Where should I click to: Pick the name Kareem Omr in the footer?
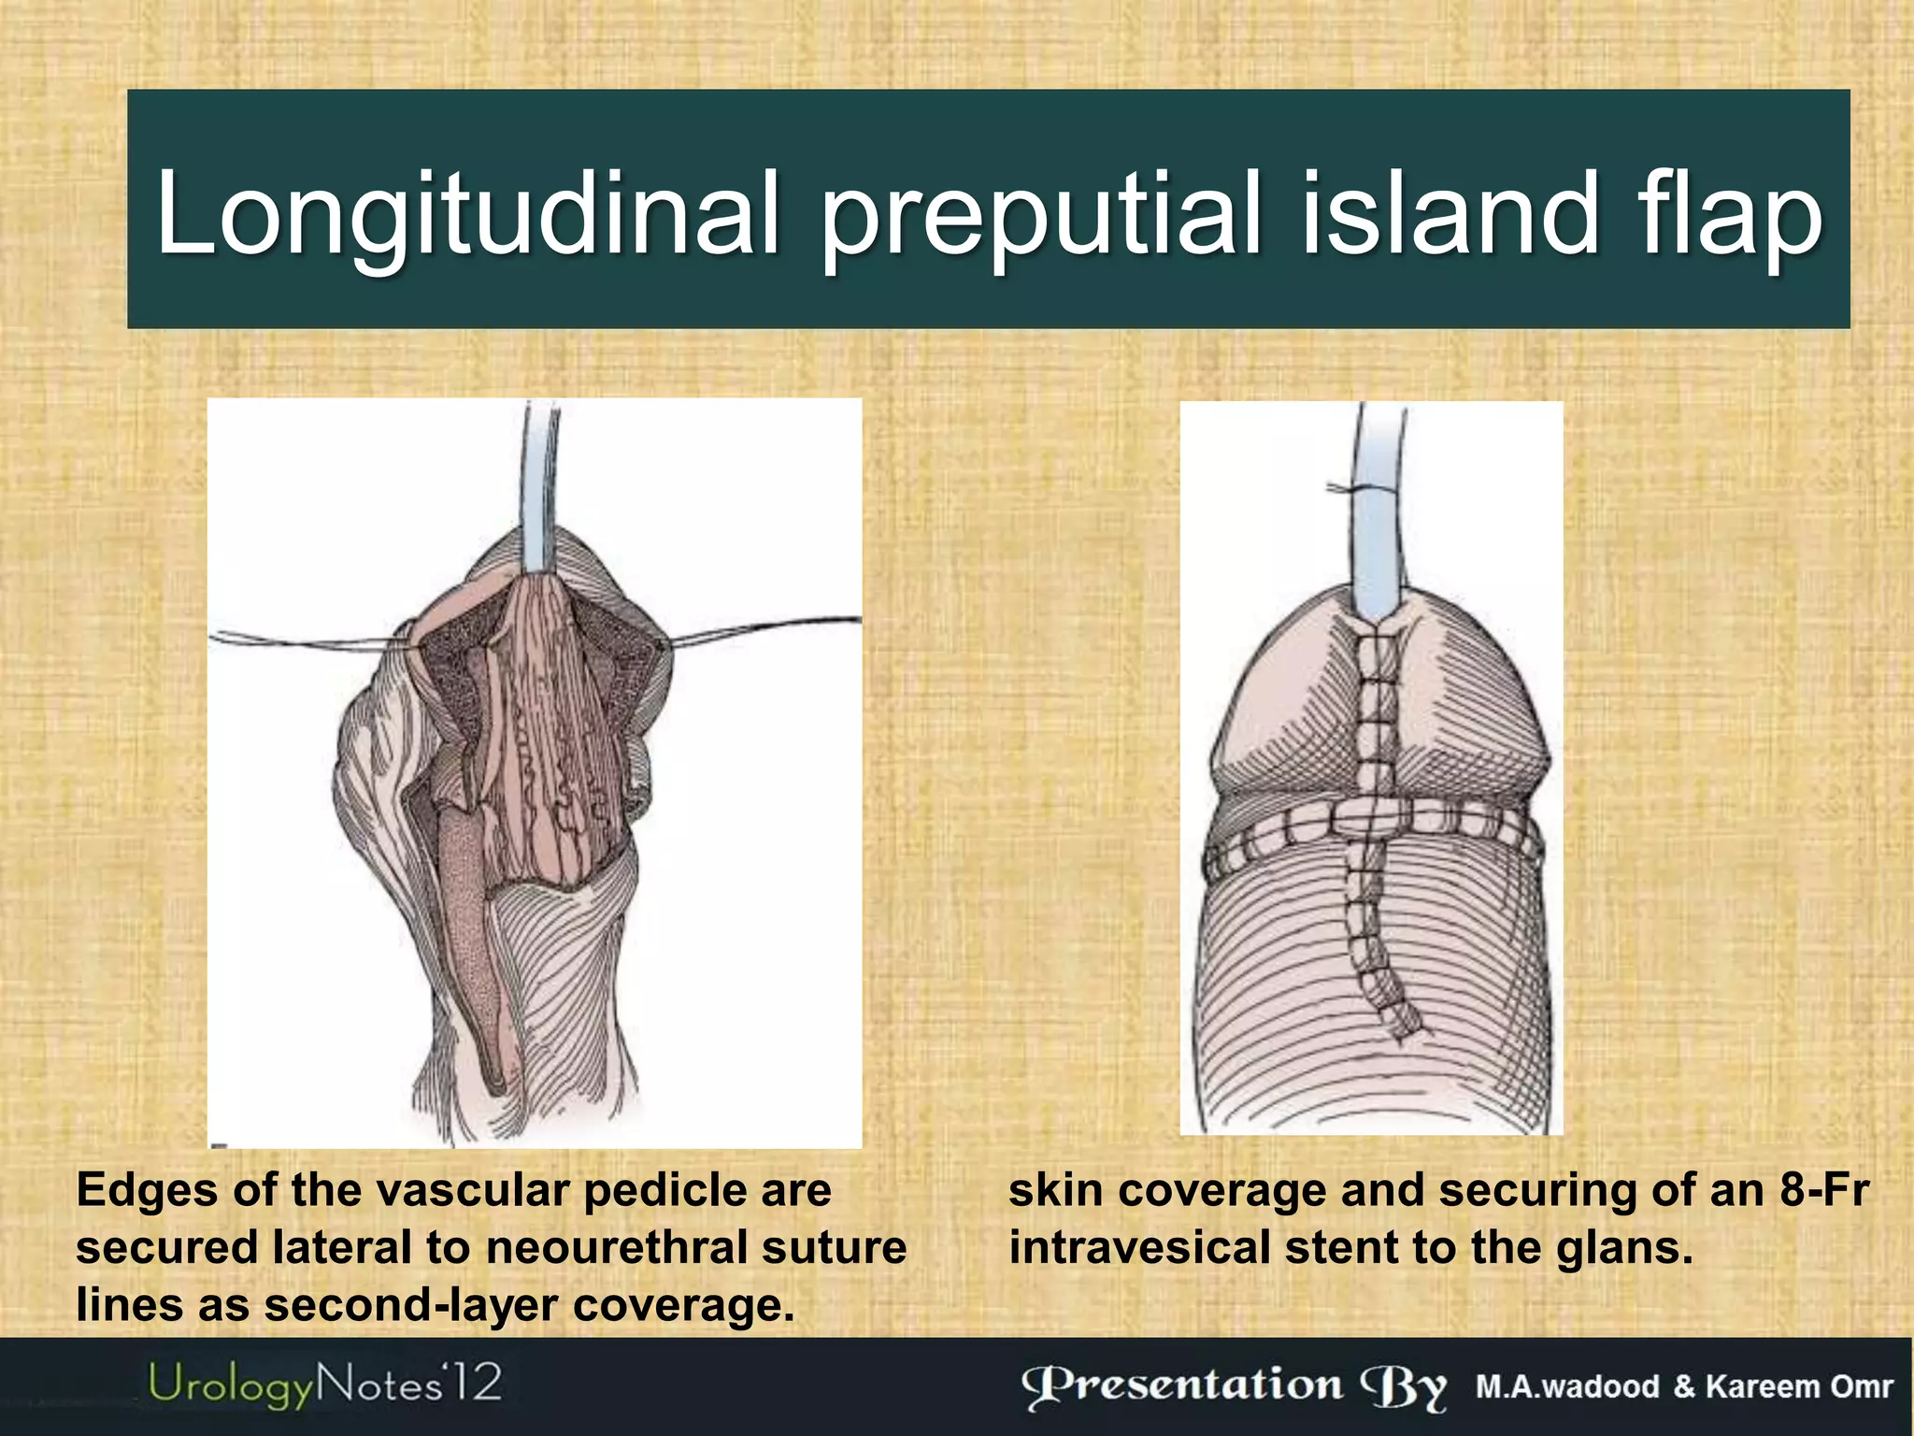pos(1799,1386)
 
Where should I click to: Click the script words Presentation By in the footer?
pos(1234,1387)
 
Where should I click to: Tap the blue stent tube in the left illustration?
pos(540,486)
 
